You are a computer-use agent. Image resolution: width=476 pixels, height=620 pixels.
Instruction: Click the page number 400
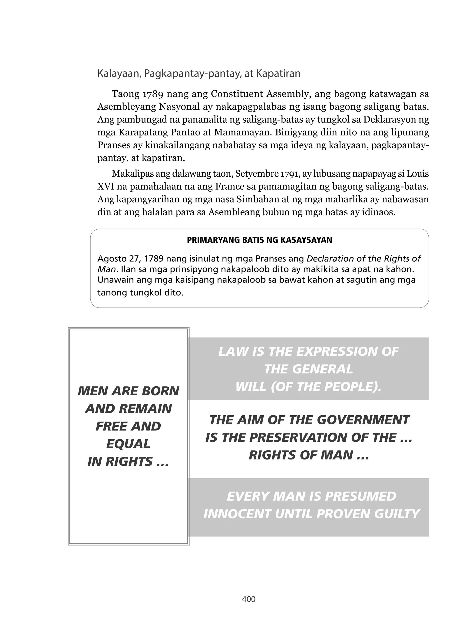click(x=248, y=599)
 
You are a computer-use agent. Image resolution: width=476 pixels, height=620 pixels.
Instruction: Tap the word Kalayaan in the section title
click(x=119, y=74)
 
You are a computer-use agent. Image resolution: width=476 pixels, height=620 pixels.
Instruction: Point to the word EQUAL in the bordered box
click(x=128, y=444)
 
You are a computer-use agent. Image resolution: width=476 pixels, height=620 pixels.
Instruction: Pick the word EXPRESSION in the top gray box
click(x=337, y=352)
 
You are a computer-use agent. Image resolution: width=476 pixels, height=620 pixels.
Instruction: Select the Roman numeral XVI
click(x=106, y=187)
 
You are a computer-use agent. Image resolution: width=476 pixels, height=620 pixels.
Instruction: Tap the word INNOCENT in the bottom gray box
click(x=237, y=514)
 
